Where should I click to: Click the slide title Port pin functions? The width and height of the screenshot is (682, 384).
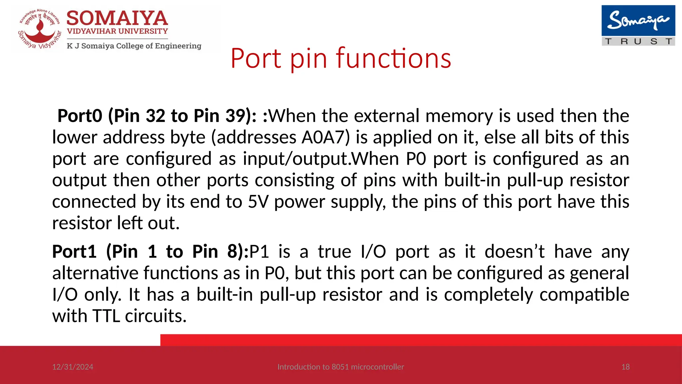[341, 58]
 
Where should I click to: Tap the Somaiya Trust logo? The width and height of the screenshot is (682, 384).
[638, 25]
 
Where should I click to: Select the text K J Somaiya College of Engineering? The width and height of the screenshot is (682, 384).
[134, 46]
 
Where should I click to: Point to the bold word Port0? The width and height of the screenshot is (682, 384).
[80, 116]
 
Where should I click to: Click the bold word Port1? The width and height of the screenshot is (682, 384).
[74, 251]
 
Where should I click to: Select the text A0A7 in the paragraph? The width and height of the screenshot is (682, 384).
[323, 137]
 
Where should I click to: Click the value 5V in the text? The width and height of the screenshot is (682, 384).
[258, 202]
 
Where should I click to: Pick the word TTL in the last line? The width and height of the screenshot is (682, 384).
[106, 316]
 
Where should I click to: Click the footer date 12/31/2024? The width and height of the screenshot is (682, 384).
[73, 367]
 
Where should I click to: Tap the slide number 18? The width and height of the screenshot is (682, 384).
[625, 367]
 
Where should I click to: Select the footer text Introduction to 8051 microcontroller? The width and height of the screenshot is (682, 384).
[341, 367]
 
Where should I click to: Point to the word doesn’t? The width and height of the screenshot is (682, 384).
[514, 251]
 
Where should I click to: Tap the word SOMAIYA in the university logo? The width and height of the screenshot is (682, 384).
[117, 18]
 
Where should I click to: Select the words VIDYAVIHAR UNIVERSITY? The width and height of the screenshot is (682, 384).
[117, 31]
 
